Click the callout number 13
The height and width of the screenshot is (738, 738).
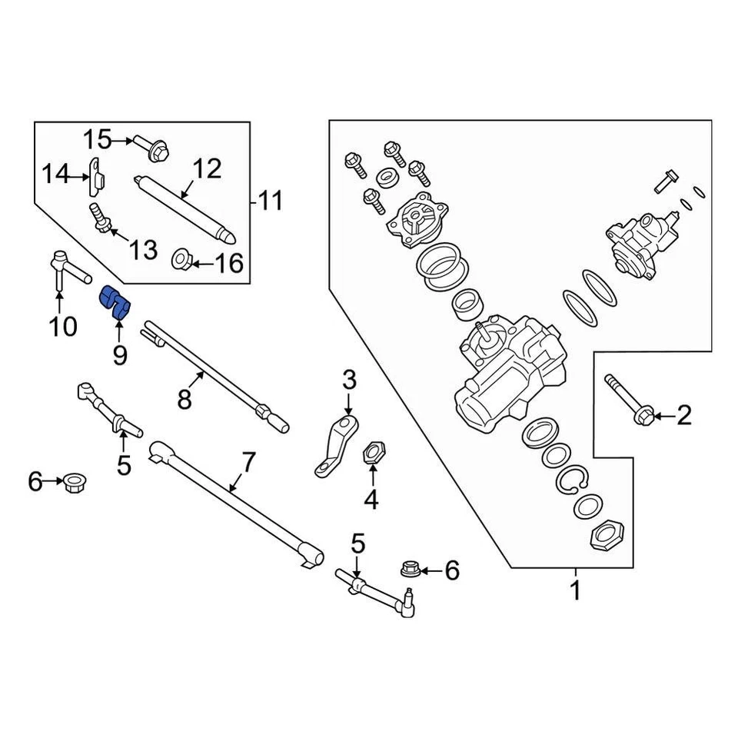pos(142,249)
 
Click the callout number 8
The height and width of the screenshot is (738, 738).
pos(184,400)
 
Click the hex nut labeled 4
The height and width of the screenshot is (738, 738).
pos(372,451)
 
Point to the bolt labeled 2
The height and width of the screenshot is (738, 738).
pos(629,400)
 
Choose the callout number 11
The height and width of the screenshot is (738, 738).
pos(269,201)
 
